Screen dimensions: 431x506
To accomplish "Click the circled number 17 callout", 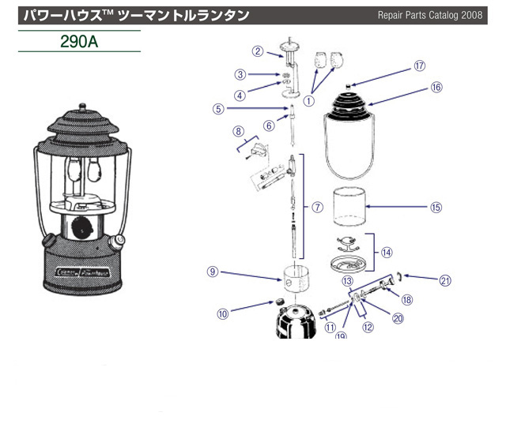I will [419, 67].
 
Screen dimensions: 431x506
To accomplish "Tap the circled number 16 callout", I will [436, 88].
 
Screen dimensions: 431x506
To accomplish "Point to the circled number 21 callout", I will [446, 279].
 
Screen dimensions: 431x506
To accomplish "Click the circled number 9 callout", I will [213, 271].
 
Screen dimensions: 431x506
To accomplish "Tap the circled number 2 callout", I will [257, 51].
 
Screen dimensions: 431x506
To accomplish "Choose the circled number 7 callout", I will [317, 208].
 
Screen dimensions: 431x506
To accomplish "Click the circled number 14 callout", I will [387, 253].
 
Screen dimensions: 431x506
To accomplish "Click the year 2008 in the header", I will [469, 15].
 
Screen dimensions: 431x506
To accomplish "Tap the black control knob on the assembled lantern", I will [79, 228].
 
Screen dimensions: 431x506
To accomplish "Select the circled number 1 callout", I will [309, 100].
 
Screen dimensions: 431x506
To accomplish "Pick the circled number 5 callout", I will [217, 109].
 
